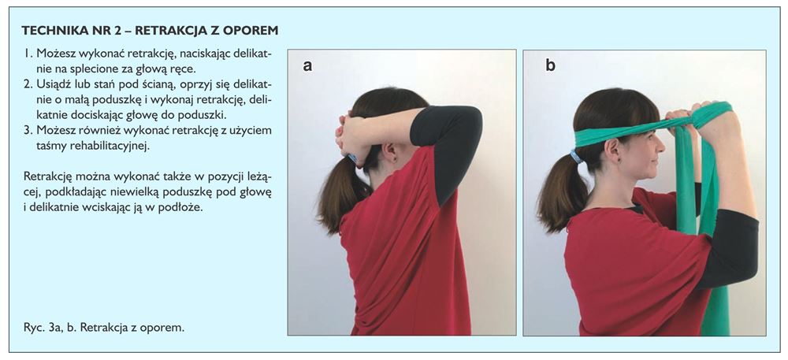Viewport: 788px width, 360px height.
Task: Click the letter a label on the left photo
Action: point(307,65)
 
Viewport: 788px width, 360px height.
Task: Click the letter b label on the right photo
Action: point(550,65)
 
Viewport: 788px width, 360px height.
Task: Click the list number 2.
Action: point(28,83)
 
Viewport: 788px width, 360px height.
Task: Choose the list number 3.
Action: point(28,131)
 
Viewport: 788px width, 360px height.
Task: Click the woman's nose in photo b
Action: point(663,147)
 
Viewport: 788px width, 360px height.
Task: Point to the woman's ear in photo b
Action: point(612,149)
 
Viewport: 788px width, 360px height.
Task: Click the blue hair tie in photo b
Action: point(577,156)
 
